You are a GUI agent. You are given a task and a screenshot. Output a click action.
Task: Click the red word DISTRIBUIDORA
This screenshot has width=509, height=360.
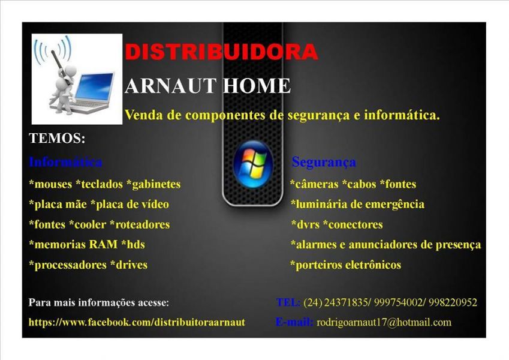pos(221,52)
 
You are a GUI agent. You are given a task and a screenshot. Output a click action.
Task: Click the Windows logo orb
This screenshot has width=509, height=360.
pos(252,164)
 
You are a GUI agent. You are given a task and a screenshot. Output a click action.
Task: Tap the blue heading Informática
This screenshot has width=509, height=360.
pos(65,162)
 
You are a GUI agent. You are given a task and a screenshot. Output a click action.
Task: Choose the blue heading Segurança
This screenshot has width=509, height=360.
pos(324,162)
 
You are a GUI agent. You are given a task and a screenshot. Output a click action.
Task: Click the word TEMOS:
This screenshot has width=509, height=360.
pos(57,139)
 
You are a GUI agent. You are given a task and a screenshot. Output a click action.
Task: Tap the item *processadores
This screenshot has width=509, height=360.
pos(67,265)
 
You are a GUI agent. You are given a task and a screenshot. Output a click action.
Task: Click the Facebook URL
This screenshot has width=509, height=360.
pos(137,322)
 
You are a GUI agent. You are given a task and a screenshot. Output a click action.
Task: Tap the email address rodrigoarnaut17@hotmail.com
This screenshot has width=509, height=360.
pos(384,322)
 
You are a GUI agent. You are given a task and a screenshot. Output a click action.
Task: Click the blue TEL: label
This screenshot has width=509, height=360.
pos(288,302)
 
